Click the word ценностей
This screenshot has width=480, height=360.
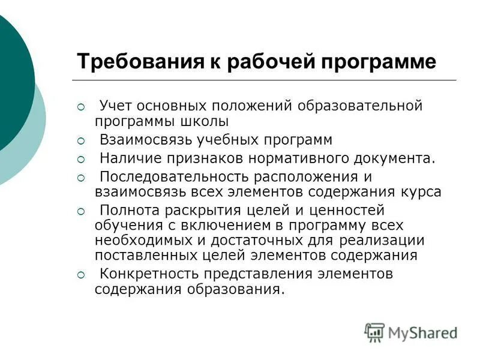pos(347,211)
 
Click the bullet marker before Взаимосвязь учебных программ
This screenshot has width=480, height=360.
pos(82,141)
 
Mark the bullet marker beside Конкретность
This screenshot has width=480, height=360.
pos(82,275)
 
